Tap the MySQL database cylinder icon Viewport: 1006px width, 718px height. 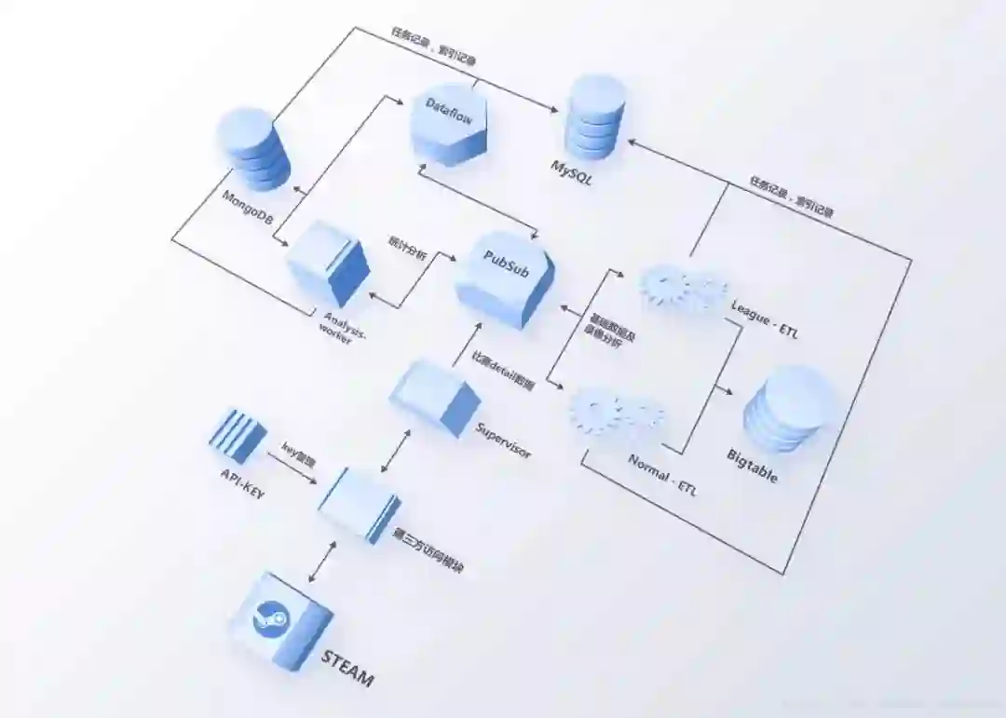tap(596, 116)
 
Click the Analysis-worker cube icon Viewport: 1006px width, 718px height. tap(329, 264)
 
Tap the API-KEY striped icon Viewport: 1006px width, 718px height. tap(237, 436)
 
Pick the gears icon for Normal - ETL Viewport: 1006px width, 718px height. tap(616, 413)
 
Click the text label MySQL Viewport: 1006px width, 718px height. tap(571, 173)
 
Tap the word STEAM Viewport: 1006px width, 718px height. tap(347, 669)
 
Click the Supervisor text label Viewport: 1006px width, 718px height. tap(503, 441)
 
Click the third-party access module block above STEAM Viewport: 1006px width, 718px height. tap(359, 504)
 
